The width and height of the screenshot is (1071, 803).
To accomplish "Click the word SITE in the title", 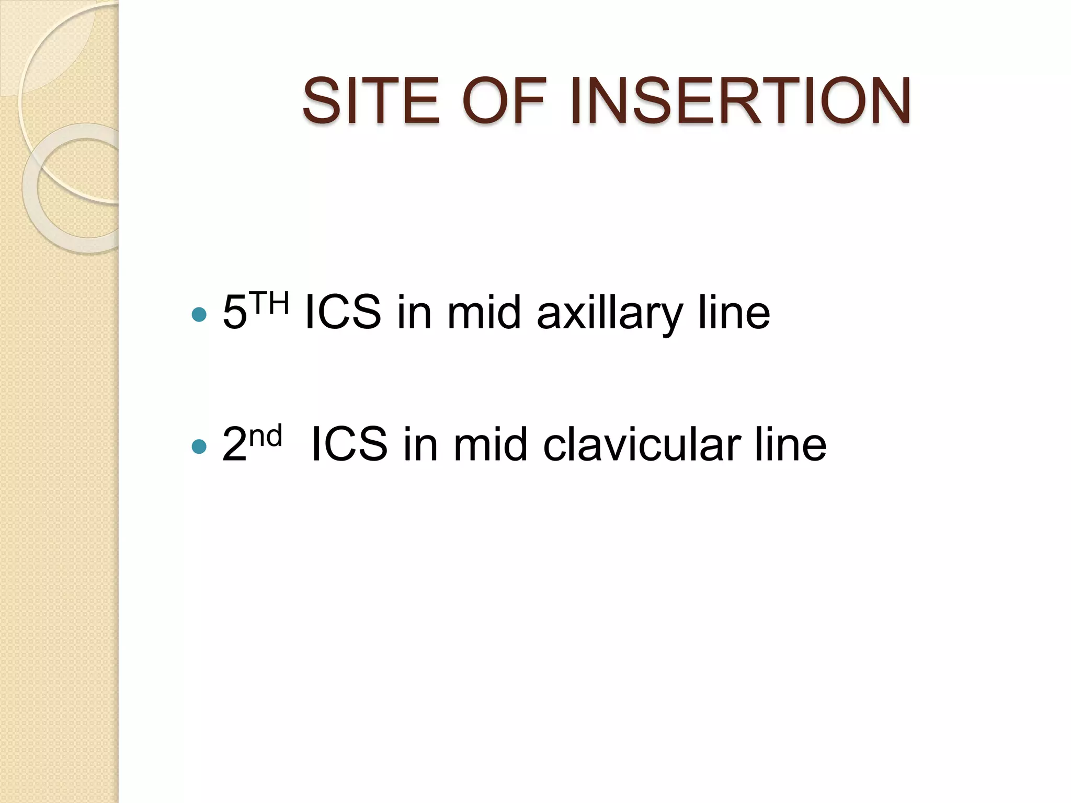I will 371,101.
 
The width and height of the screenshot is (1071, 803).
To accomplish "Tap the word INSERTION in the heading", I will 740,101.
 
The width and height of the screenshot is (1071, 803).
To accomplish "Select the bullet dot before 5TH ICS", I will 199,314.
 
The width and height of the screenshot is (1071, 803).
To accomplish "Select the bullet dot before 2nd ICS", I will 199,446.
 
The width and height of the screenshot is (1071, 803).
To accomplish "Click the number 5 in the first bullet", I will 234,313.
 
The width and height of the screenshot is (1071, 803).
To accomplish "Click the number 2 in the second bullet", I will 234,444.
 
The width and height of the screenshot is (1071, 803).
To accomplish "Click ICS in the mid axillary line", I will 343,313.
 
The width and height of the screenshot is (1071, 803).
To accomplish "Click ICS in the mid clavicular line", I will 349,444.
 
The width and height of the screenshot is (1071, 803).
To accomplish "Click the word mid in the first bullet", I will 484,313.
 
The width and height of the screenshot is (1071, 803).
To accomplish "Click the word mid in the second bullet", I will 491,444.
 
